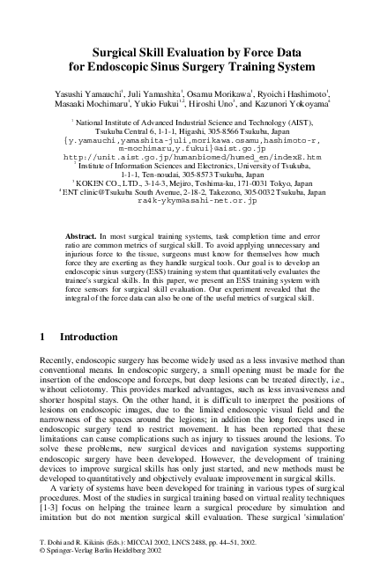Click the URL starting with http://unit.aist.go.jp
(190, 158)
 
